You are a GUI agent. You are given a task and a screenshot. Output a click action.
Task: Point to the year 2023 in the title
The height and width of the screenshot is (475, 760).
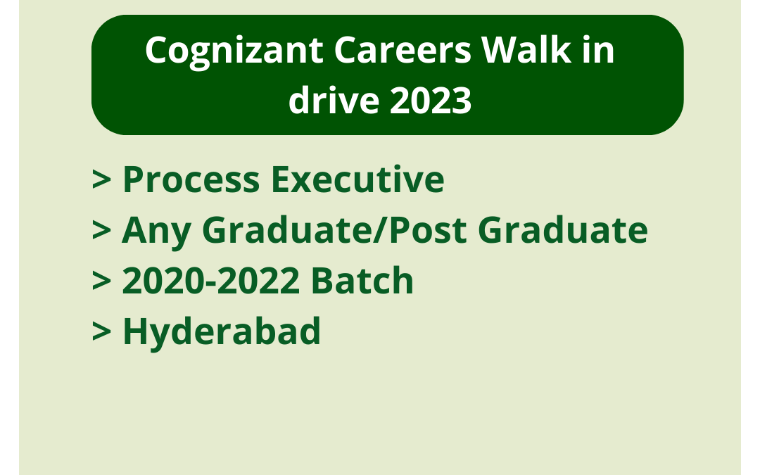click(431, 101)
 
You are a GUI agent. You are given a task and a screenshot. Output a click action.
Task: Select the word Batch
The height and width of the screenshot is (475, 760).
click(362, 281)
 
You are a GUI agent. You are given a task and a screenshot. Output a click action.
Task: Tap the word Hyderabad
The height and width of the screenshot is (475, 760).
click(222, 331)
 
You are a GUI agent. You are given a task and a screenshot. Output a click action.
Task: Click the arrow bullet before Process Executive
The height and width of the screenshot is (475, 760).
click(101, 180)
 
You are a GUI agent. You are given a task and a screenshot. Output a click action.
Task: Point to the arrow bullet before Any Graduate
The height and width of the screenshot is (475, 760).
click(101, 231)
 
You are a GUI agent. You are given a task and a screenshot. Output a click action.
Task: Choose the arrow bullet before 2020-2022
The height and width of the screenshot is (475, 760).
click(101, 281)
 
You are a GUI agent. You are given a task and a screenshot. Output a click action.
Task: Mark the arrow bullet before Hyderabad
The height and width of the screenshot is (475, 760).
click(101, 332)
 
